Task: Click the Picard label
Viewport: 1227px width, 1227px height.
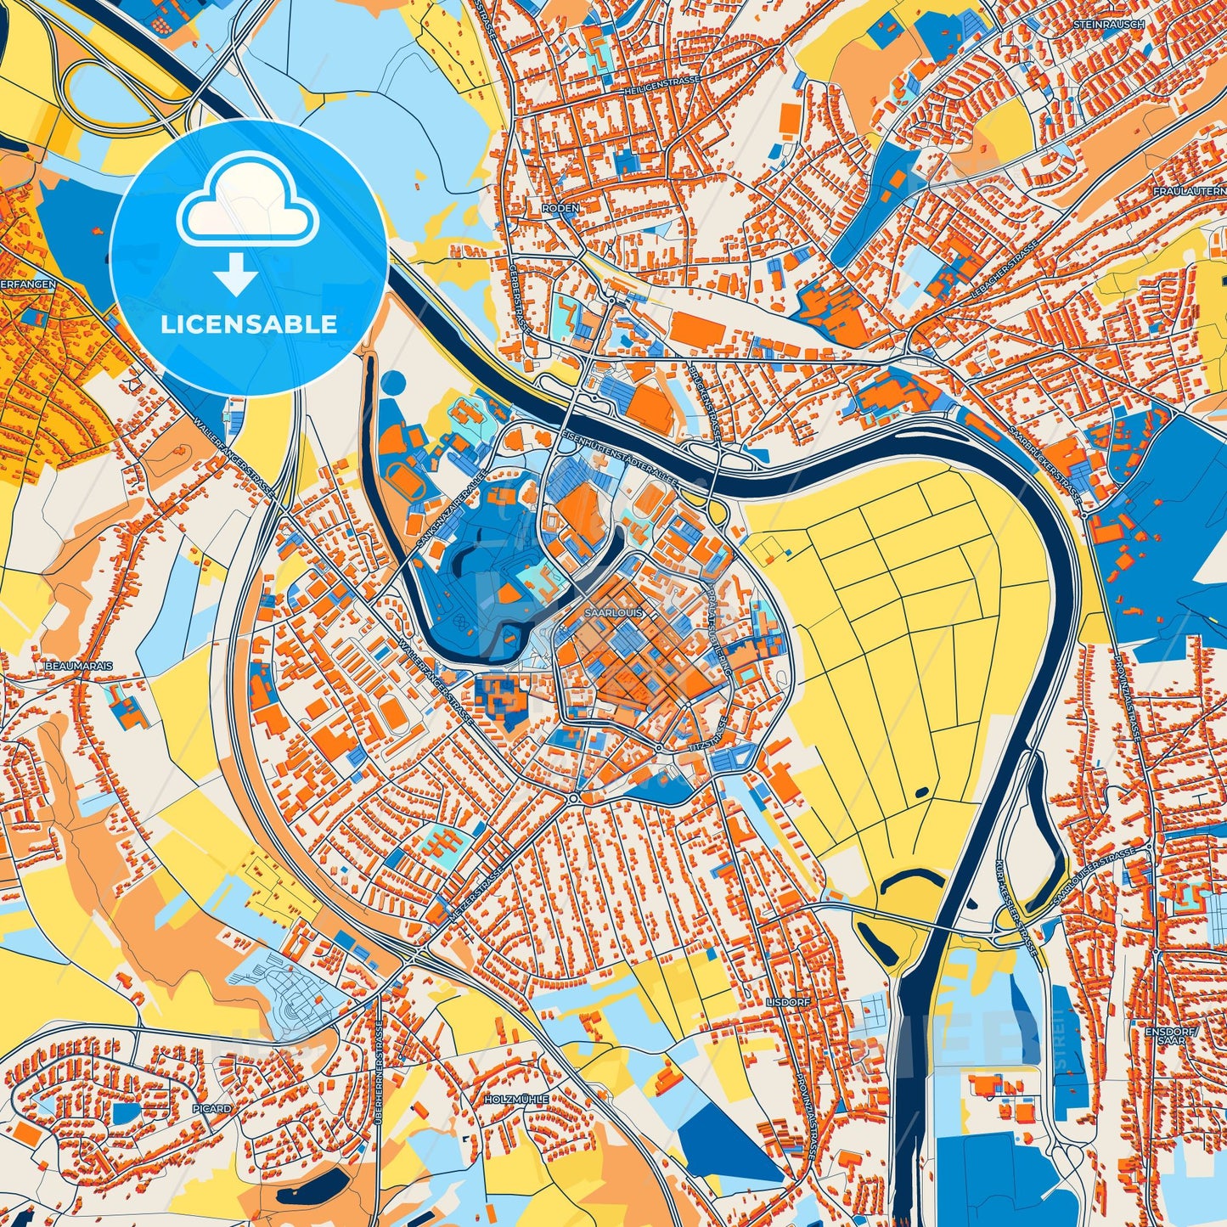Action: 211,1109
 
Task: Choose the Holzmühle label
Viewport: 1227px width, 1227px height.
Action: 515,1099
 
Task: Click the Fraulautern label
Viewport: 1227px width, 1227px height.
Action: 1189,192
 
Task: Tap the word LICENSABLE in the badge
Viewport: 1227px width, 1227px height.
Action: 248,324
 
